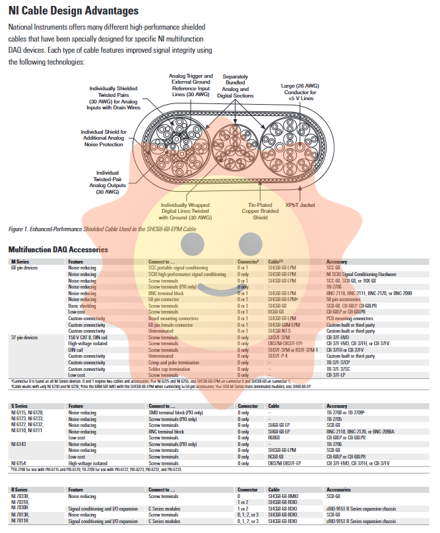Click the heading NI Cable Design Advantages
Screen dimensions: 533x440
pyautogui.click(x=73, y=11)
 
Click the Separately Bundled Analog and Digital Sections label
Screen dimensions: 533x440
pyautogui.click(x=236, y=86)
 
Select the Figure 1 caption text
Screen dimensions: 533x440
pyautogui.click(x=102, y=229)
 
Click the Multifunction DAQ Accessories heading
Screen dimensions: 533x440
pyautogui.click(x=58, y=250)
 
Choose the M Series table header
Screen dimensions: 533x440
pyautogui.click(x=20, y=262)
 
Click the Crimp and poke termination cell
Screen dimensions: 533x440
pyautogui.click(x=174, y=362)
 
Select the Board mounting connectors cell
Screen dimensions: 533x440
pyautogui.click(x=174, y=318)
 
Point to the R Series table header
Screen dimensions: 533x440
pyautogui.click(x=19, y=490)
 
